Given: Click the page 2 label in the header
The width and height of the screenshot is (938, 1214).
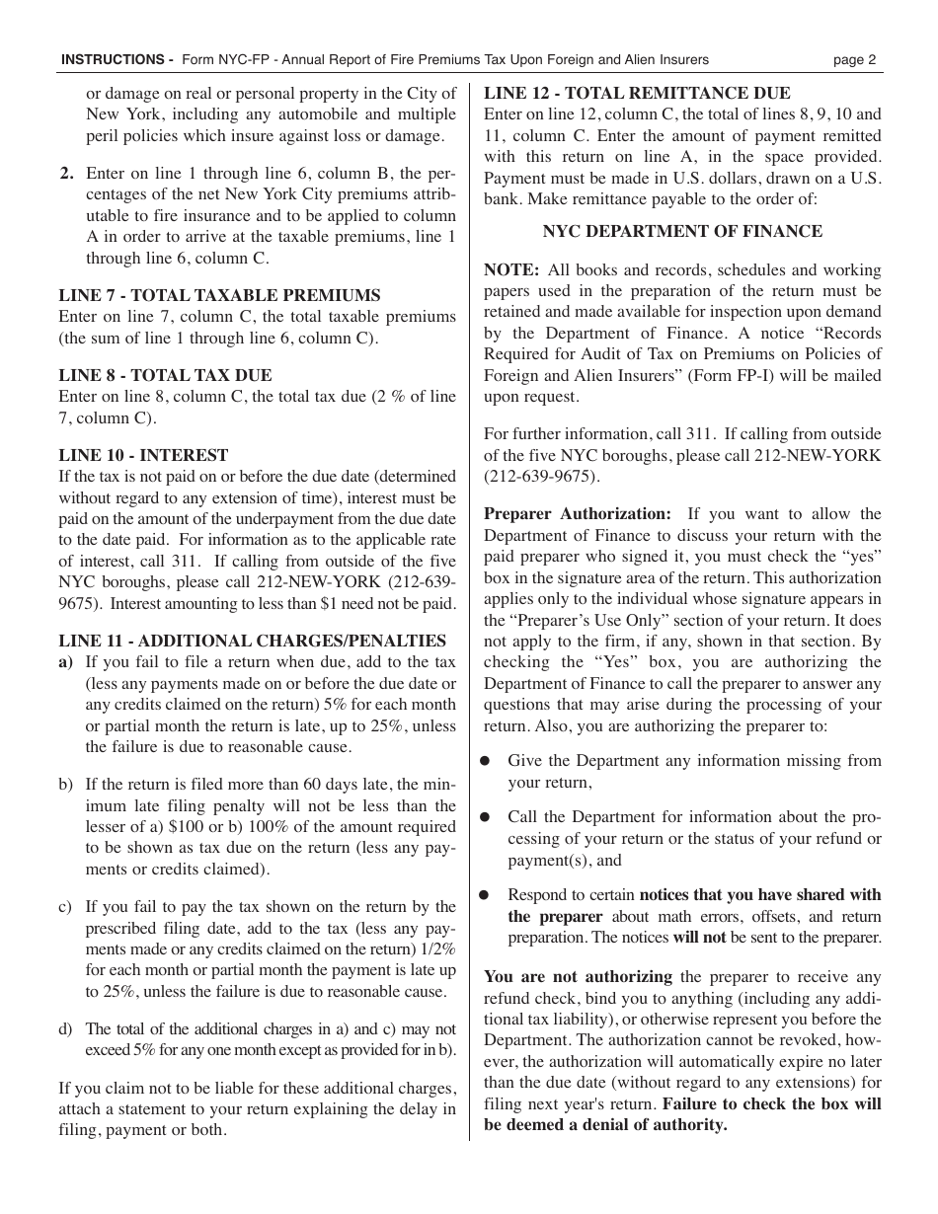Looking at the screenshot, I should tap(854, 59).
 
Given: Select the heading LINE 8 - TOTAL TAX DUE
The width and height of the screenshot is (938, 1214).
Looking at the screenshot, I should tap(165, 375).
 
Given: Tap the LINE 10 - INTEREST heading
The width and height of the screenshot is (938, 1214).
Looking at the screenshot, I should tap(143, 455).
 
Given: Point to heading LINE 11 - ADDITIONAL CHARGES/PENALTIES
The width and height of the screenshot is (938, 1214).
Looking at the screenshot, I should tap(252, 641).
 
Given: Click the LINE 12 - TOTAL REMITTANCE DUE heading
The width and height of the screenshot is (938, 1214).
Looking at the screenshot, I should tap(637, 93).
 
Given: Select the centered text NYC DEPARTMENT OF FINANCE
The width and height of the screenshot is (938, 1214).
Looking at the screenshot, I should tap(682, 231).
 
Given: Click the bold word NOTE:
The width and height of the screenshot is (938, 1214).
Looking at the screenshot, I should tap(510, 269).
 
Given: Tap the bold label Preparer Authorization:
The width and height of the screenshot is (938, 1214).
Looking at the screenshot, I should tap(577, 513).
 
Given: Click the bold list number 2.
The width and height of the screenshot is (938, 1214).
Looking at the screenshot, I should tap(66, 173).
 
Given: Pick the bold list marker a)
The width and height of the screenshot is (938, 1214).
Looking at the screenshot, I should tap(66, 662).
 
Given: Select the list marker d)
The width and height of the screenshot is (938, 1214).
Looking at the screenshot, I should tap(66, 1028).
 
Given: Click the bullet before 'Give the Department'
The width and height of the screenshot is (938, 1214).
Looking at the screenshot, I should tap(485, 761).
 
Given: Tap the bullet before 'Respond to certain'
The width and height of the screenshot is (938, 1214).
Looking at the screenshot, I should tap(485, 895).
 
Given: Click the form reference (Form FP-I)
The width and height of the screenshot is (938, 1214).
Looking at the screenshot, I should tap(723, 375).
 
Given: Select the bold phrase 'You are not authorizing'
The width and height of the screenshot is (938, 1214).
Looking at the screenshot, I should tap(578, 976).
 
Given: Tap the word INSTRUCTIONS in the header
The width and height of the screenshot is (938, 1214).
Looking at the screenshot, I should tap(112, 59).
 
